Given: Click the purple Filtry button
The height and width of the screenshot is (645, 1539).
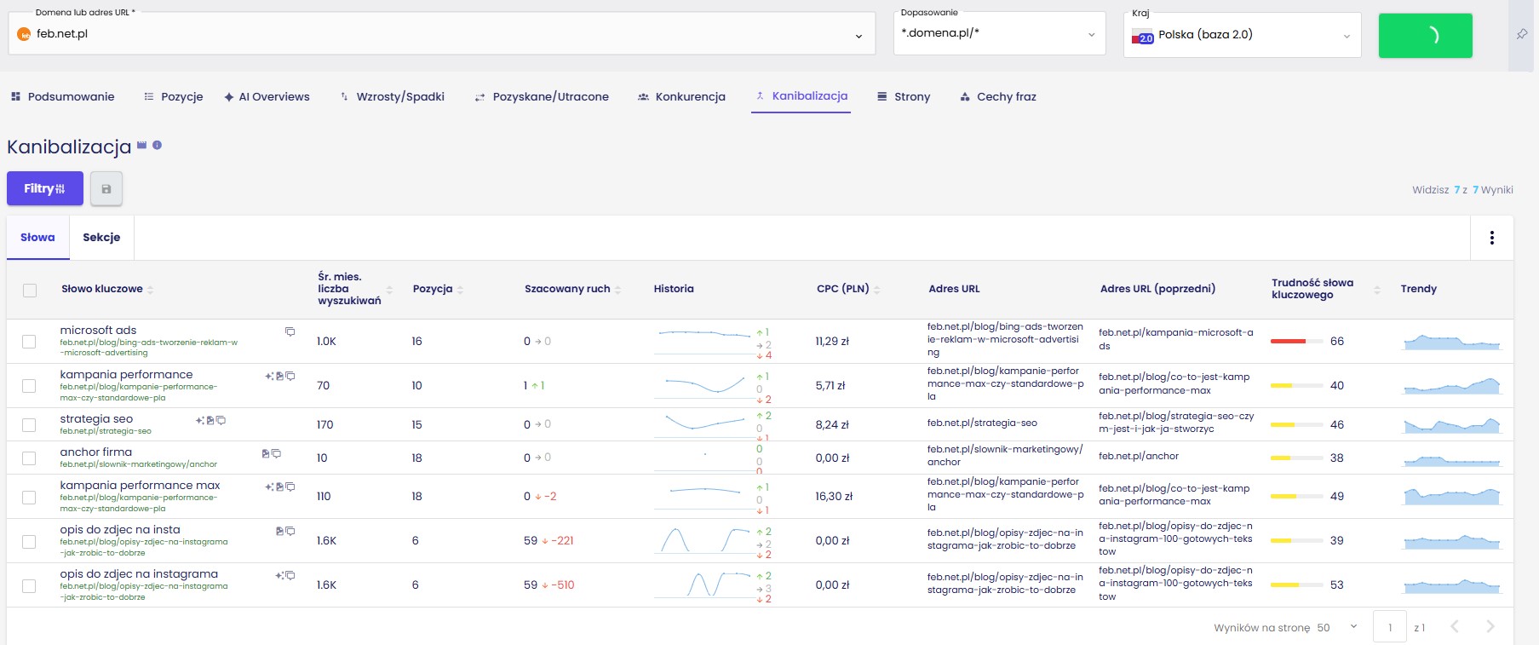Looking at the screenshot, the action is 45,188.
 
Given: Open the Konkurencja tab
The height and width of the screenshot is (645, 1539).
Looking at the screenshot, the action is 681,97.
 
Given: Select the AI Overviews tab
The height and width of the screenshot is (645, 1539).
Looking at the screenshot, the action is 267,97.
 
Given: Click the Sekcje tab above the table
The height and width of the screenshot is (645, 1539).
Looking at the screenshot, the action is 101,238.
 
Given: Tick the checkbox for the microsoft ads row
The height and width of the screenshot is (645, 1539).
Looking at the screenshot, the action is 29,342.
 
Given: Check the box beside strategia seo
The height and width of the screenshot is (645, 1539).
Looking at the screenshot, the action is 29,425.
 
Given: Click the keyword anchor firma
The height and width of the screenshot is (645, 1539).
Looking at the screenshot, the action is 96,452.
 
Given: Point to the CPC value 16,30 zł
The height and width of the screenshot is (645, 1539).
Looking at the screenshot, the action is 834,496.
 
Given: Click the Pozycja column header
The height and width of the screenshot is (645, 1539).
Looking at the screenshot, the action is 433,289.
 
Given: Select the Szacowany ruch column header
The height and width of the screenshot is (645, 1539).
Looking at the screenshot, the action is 567,289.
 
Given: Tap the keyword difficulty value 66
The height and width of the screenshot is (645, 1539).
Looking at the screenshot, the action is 1337,342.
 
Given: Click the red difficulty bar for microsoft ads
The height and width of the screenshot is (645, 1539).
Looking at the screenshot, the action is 1288,341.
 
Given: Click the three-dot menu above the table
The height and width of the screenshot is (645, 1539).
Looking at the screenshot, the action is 1491,238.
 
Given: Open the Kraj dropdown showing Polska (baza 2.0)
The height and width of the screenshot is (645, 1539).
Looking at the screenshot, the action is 1242,35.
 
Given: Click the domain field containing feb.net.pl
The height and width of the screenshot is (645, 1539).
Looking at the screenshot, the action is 442,34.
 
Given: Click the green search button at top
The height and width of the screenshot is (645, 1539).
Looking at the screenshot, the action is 1425,35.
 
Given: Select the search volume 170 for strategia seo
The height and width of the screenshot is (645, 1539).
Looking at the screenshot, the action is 325,425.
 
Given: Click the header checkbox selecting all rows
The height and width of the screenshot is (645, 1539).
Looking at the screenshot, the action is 30,291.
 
